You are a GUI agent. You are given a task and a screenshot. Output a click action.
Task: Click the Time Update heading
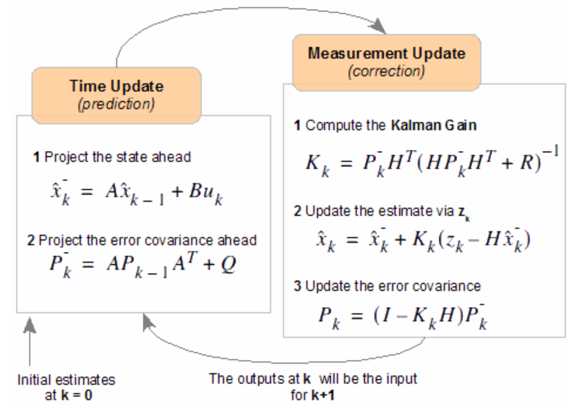tap(116, 86)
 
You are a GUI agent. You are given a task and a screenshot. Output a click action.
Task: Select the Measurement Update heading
tap(386, 53)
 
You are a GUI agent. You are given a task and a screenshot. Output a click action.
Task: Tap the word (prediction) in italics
tap(116, 104)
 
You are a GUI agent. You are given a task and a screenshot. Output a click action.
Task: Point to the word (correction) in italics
tap(386, 71)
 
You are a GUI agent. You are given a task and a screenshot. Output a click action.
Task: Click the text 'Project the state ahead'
tap(117, 156)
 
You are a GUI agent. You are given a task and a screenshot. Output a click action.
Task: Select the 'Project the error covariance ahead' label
tap(148, 240)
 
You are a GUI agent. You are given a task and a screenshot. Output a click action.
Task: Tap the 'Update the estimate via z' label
tap(381, 211)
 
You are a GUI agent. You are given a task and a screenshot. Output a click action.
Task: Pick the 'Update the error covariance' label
tap(393, 286)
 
